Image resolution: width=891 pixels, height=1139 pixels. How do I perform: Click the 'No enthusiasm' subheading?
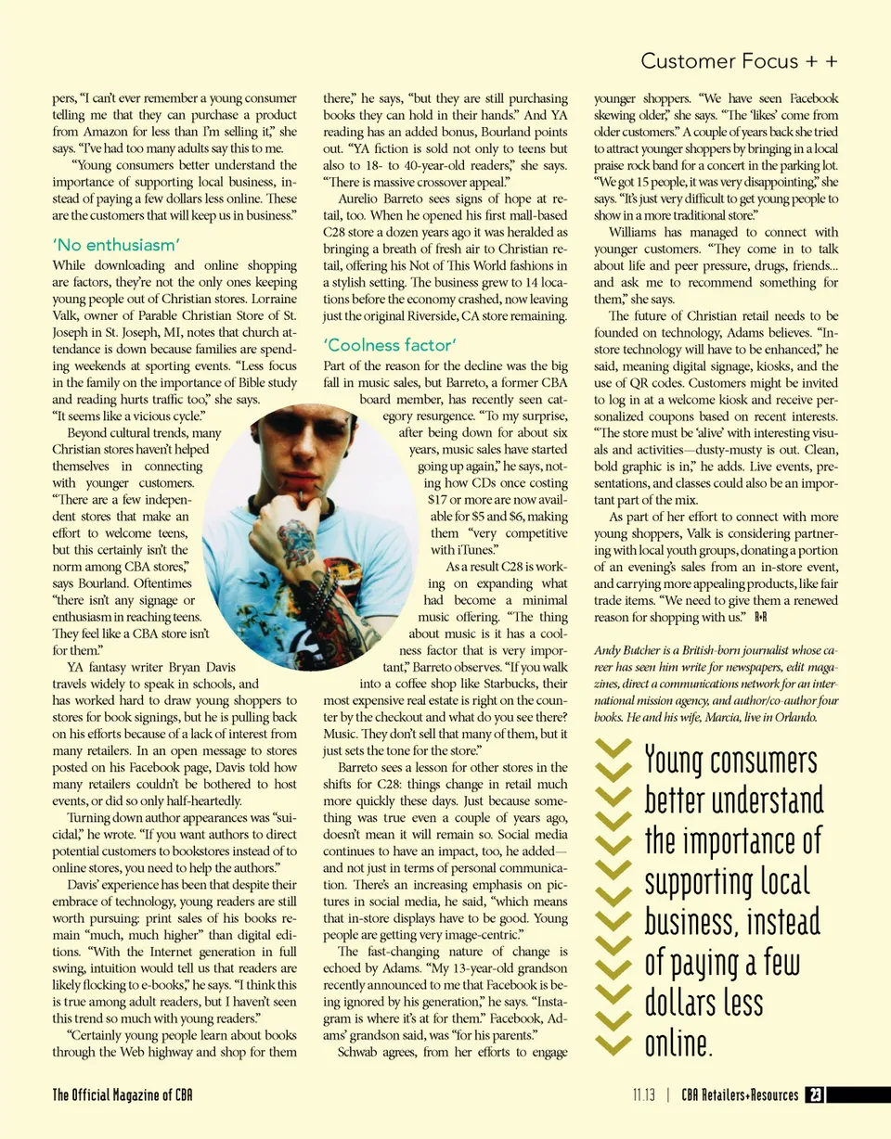pyautogui.click(x=116, y=245)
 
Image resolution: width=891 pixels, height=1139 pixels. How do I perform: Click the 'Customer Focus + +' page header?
pyautogui.click(x=740, y=61)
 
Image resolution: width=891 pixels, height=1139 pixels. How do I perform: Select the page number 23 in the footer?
pyautogui.click(x=814, y=1095)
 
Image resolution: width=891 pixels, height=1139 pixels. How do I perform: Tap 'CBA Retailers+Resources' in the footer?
pyautogui.click(x=739, y=1095)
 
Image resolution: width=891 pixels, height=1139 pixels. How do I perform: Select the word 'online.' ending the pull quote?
pyautogui.click(x=678, y=1043)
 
